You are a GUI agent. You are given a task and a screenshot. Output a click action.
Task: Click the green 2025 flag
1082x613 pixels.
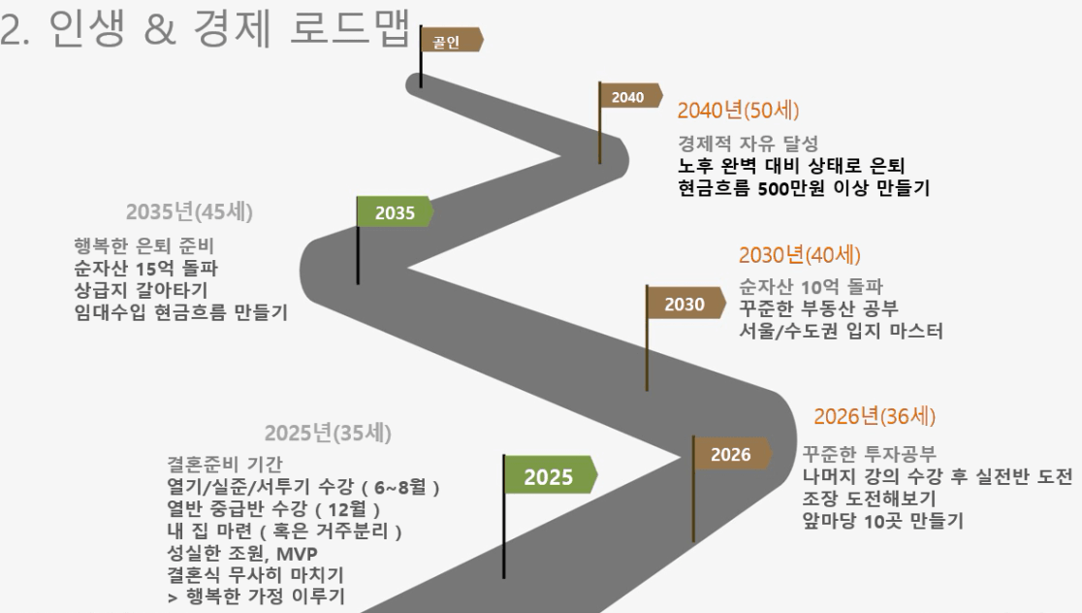(550, 475)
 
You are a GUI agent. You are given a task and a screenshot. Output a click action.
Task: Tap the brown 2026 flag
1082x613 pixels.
(731, 454)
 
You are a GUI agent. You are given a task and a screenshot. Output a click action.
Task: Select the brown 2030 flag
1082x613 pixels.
(685, 304)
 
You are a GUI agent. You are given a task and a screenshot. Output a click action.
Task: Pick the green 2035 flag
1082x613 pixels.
(395, 211)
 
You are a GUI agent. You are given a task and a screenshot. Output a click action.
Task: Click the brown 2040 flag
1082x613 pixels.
(629, 96)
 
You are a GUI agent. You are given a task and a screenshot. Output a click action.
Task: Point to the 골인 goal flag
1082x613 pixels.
(451, 41)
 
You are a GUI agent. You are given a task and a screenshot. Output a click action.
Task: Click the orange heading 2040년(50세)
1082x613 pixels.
(738, 111)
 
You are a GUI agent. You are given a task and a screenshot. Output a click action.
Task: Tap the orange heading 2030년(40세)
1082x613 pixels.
(799, 255)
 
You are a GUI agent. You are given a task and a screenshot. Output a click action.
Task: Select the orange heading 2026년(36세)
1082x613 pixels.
(875, 416)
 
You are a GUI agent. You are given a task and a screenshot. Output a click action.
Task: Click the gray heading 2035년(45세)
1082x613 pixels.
(189, 211)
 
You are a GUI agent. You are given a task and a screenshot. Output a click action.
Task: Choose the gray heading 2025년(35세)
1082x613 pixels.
(328, 433)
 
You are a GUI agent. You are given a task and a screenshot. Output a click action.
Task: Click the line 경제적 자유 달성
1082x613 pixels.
(748, 144)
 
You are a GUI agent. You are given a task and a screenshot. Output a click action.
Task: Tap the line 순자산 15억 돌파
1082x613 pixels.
(145, 268)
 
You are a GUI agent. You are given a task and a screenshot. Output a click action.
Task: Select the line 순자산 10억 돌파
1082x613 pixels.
(811, 286)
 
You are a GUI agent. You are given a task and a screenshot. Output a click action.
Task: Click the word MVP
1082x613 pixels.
(297, 553)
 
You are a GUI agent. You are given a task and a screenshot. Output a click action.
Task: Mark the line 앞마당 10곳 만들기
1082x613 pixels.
(882, 521)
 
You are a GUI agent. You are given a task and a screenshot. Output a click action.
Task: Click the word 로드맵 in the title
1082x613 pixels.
(351, 28)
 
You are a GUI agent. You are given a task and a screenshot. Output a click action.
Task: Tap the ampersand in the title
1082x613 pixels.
(160, 30)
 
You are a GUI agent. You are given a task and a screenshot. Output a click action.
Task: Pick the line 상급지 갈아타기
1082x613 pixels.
(141, 290)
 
